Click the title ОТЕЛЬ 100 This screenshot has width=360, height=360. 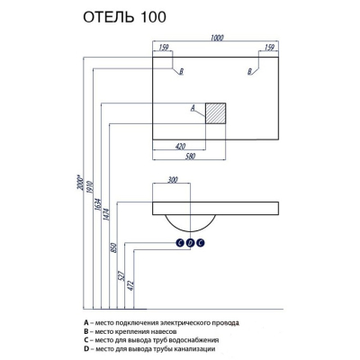point(124,17)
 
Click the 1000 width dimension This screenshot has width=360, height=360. point(217,38)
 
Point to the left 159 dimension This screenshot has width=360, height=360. point(164,48)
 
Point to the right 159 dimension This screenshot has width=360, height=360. point(269,48)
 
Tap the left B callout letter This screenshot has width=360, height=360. point(181,72)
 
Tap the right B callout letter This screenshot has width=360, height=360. point(249,72)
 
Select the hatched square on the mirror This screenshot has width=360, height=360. point(215,113)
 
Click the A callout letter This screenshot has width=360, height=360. point(193,108)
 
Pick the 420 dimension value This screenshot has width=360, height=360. point(180,147)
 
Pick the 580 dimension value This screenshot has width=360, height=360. point(191,157)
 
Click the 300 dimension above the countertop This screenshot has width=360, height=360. point(173,180)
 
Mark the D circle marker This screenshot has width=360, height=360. point(190,243)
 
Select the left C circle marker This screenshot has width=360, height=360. point(180,243)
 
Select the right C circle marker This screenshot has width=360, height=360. point(201,243)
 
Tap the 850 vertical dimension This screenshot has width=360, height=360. point(114,247)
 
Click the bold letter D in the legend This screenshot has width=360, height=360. point(86,349)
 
